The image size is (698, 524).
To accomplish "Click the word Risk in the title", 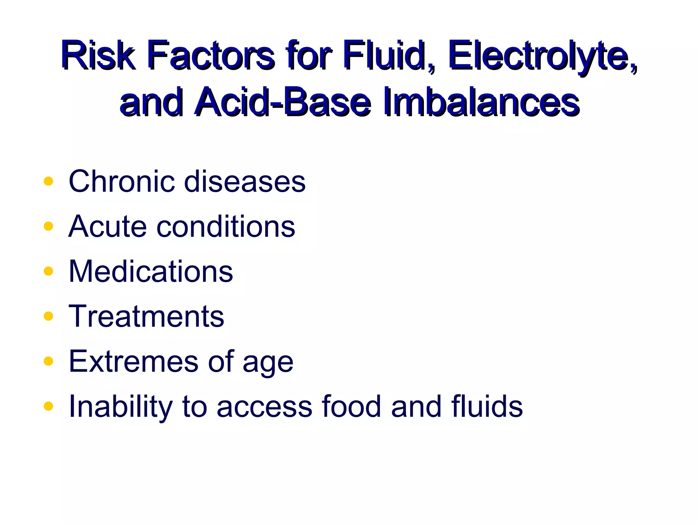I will (98, 55).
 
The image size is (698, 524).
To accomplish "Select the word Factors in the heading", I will (211, 55).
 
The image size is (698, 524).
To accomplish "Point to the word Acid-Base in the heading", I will (283, 102).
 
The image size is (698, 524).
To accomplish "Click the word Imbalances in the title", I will (481, 102).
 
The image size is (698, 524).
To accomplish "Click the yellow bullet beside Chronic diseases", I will (48, 181).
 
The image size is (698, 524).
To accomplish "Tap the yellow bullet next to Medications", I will (48, 271).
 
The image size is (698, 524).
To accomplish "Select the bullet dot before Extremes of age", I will (48, 361).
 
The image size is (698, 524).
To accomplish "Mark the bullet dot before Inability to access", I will (48, 406).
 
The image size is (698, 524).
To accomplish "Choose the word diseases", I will (245, 181).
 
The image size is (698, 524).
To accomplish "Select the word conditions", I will (226, 227).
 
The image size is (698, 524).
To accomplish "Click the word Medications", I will (151, 271).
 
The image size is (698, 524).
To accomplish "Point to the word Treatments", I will (146, 316).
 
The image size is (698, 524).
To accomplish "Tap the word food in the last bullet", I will (351, 406).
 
